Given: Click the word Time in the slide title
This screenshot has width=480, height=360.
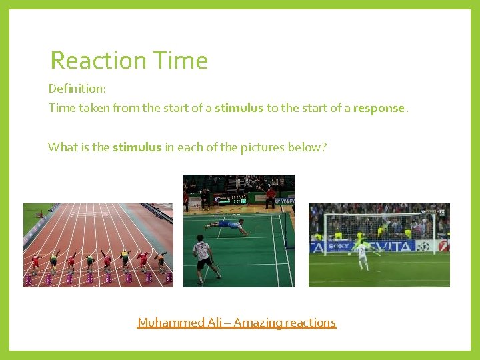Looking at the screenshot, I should pyautogui.click(x=179, y=61).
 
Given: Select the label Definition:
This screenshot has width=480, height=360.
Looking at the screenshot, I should pyautogui.click(x=77, y=88).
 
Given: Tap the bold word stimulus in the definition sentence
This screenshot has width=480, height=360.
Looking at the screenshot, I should pyautogui.click(x=239, y=108).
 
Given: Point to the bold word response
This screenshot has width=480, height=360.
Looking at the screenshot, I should pyautogui.click(x=379, y=108).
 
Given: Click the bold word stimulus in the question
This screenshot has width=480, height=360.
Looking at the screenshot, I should pyautogui.click(x=137, y=147).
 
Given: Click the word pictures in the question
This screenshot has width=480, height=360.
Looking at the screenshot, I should pyautogui.click(x=262, y=147).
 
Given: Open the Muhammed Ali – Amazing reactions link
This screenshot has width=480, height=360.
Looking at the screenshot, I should pyautogui.click(x=237, y=323).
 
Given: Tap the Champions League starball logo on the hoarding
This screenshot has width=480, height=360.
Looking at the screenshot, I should pyautogui.click(x=423, y=247).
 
